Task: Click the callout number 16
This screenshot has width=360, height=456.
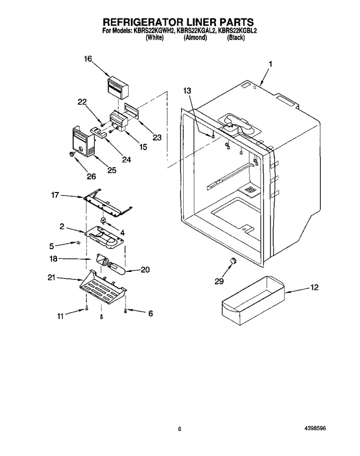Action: pos(88,59)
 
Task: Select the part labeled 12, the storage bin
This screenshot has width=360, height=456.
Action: pos(253,300)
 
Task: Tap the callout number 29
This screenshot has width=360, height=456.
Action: pos(219,281)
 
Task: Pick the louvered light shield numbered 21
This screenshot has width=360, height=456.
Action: pos(103,288)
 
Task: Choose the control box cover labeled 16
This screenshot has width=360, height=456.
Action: pos(118,88)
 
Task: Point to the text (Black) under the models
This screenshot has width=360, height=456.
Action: pos(236,38)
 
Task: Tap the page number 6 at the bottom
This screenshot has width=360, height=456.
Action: pos(179,421)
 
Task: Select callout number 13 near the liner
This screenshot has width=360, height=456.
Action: pos(187,91)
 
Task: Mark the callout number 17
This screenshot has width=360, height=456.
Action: pos(55,195)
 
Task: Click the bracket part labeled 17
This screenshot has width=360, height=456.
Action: pos(107,203)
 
